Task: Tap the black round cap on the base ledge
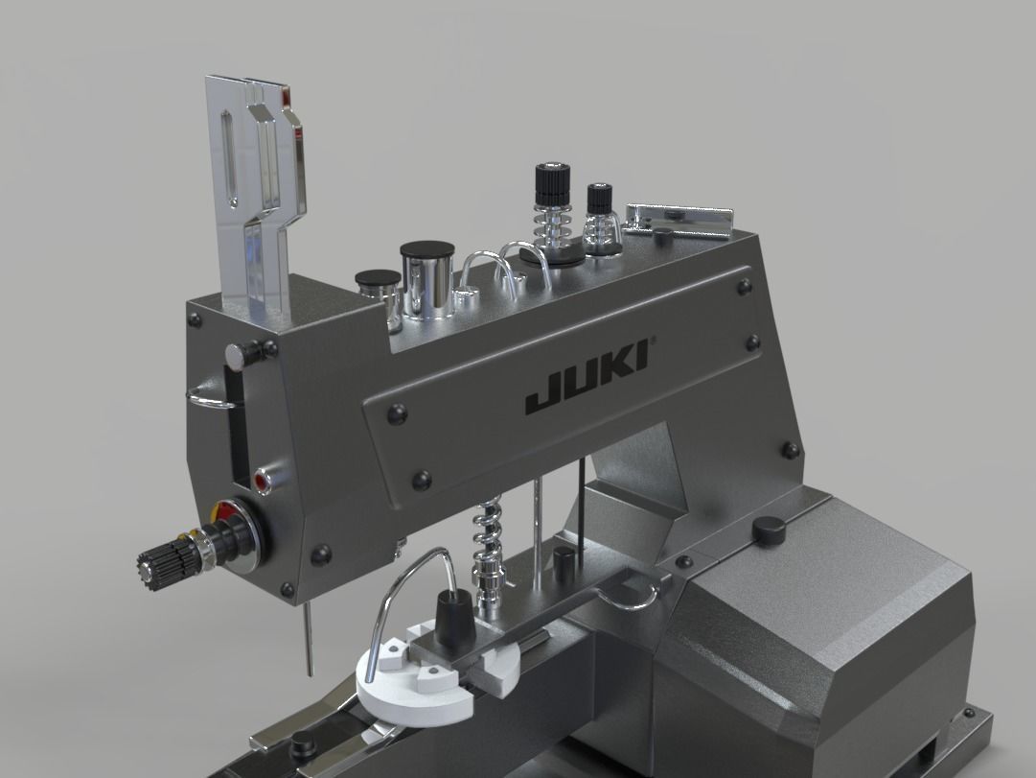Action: (x=768, y=527)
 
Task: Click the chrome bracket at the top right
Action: (x=680, y=220)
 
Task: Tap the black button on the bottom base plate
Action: (x=305, y=742)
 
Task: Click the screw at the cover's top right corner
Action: (x=743, y=284)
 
